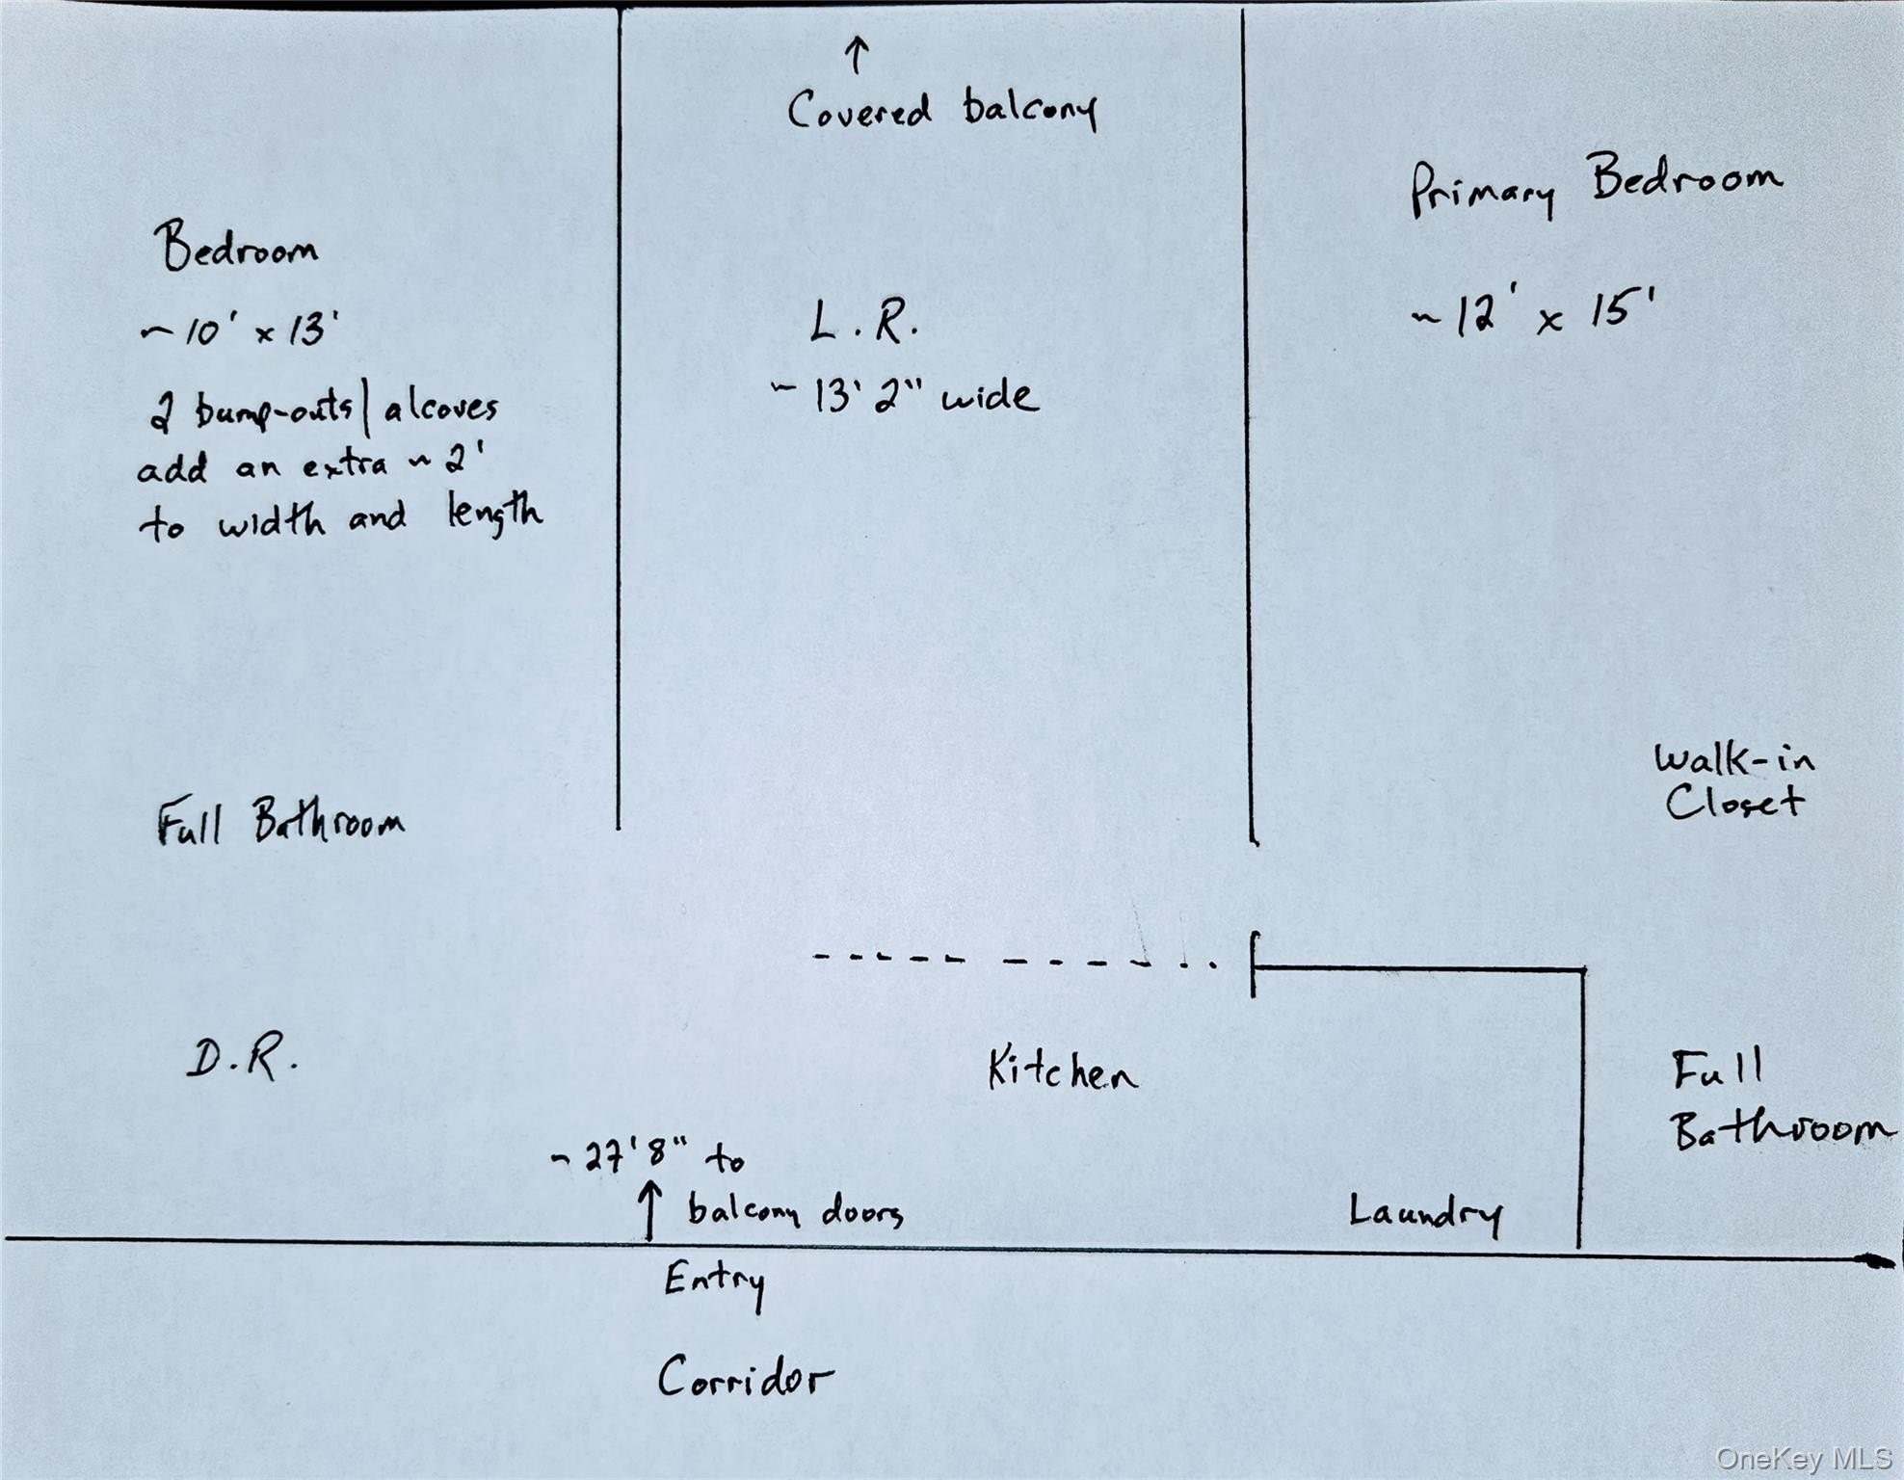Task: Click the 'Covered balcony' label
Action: pos(941,110)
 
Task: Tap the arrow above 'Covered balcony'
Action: pos(857,55)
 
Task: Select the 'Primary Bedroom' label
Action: pos(1596,185)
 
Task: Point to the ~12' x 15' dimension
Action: pos(1532,314)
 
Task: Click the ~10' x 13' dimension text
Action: pos(240,331)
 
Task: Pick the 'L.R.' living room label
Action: pos(863,322)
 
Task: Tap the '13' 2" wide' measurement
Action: pos(906,396)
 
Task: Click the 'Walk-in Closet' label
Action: pos(1733,780)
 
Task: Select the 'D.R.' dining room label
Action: pos(242,1060)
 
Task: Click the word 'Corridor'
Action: pos(744,1378)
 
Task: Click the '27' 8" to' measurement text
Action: pos(648,1157)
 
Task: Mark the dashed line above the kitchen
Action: pos(1012,960)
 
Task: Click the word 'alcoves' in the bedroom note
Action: pos(441,409)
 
